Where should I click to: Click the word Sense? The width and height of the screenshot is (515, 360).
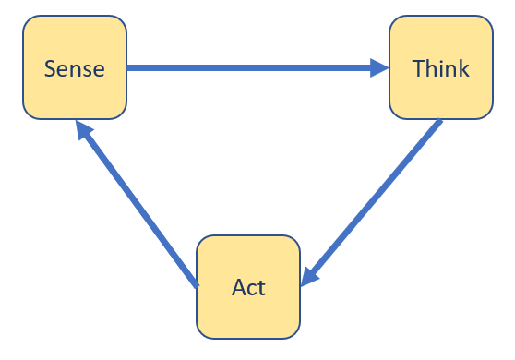[x=75, y=68]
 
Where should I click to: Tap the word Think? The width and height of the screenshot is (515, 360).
[x=440, y=68]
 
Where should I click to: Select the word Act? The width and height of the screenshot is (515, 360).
[x=248, y=287]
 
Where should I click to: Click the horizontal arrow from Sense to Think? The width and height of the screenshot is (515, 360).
[x=249, y=67]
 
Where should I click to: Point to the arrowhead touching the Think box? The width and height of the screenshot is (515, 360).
[x=379, y=67]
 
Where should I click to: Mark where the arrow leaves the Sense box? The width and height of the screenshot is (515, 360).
[x=130, y=67]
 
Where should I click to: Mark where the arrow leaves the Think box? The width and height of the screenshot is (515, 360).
[x=438, y=123]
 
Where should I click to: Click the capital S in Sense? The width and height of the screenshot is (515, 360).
[x=50, y=68]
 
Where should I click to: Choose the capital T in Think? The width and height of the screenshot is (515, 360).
[x=418, y=68]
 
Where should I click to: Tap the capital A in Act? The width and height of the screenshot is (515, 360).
[x=237, y=287]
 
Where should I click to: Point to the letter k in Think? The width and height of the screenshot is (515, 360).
[x=463, y=68]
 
